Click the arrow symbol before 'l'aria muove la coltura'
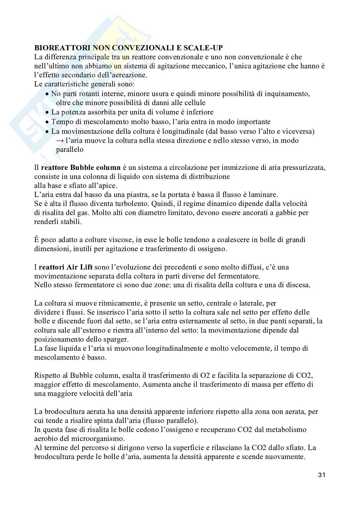[x=59, y=141]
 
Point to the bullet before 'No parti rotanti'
[x=47, y=94]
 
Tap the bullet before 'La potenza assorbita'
[x=47, y=113]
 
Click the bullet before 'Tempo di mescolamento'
[x=47, y=122]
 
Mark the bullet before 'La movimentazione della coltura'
[x=47, y=132]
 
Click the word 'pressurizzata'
[x=305, y=168]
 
